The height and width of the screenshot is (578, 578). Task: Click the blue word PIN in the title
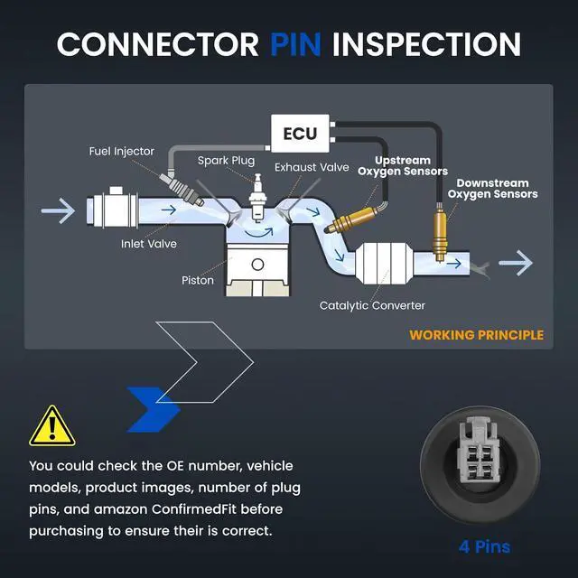(x=295, y=44)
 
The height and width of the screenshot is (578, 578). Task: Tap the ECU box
(x=300, y=134)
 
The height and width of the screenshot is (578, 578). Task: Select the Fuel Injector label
(x=121, y=151)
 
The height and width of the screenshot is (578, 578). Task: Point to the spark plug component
(x=257, y=198)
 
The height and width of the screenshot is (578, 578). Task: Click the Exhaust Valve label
(x=312, y=167)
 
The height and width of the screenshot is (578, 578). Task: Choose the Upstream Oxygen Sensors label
(x=403, y=166)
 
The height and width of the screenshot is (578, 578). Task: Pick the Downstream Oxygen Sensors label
(x=492, y=189)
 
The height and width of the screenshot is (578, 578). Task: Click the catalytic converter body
(x=384, y=263)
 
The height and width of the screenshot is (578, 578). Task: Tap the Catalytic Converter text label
(x=372, y=305)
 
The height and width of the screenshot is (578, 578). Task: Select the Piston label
(x=198, y=281)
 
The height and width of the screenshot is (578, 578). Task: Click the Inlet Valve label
(x=148, y=244)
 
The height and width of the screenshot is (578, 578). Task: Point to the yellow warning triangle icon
(x=52, y=425)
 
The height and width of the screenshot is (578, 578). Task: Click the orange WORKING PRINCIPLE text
(x=476, y=335)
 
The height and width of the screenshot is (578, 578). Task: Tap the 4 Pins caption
(x=484, y=546)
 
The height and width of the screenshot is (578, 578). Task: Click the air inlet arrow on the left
(x=58, y=210)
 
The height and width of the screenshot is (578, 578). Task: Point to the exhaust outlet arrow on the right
(x=516, y=263)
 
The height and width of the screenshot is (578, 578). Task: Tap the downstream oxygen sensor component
(x=440, y=232)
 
